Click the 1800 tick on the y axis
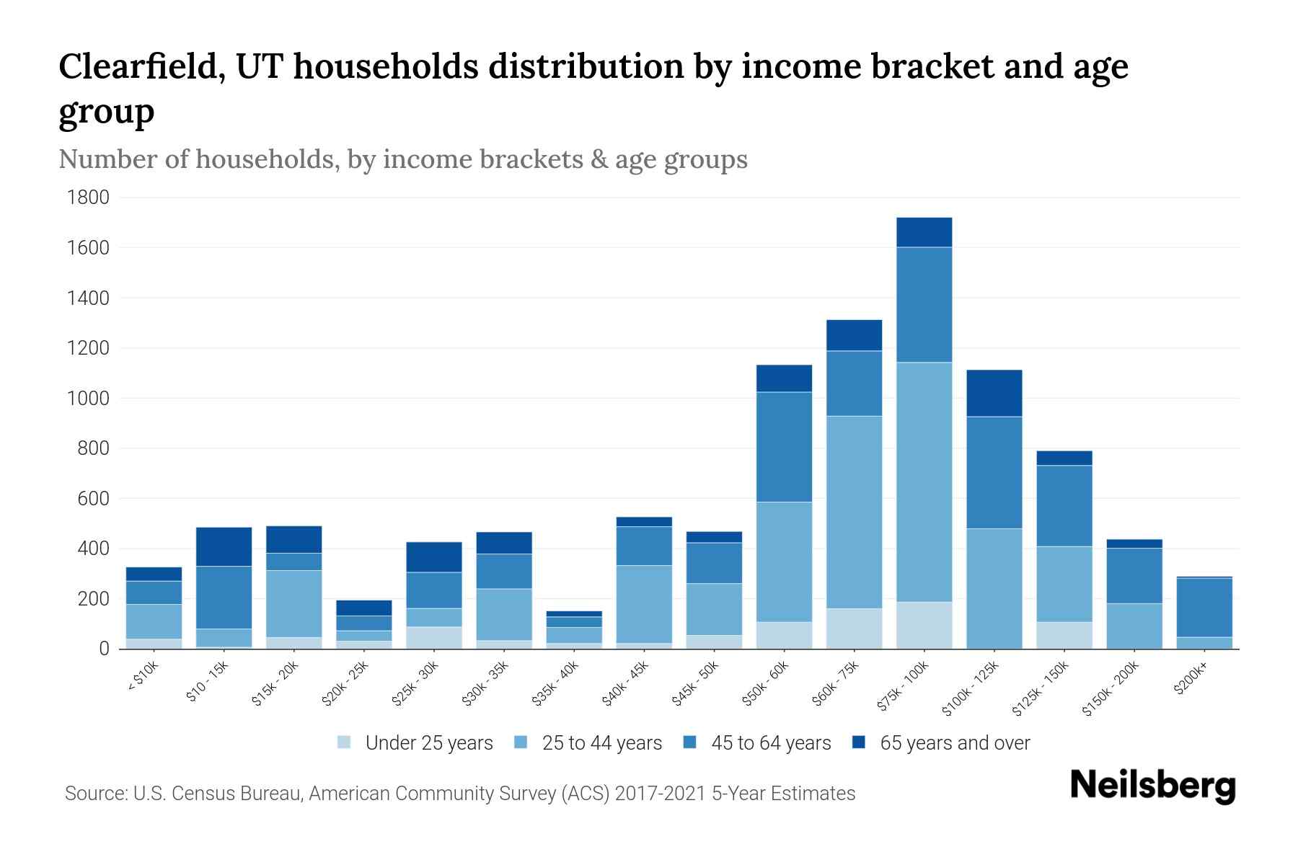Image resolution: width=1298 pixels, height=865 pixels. click(88, 198)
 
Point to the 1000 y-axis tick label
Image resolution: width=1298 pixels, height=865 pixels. click(88, 399)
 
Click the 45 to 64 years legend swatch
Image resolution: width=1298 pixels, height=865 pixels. click(690, 742)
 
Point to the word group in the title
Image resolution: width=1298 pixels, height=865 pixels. click(106, 112)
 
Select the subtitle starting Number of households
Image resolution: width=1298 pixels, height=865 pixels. click(402, 159)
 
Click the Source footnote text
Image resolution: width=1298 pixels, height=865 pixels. click(460, 794)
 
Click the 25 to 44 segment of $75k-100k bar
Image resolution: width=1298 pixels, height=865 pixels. click(924, 482)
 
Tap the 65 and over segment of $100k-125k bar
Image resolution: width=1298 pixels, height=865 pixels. click(994, 393)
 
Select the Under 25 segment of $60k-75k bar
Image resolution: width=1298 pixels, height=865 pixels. click(854, 629)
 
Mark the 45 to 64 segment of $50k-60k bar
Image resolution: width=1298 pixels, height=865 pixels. click(784, 447)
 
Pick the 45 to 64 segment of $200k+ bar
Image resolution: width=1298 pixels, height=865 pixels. click(1204, 607)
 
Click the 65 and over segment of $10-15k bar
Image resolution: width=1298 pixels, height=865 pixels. click(224, 546)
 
